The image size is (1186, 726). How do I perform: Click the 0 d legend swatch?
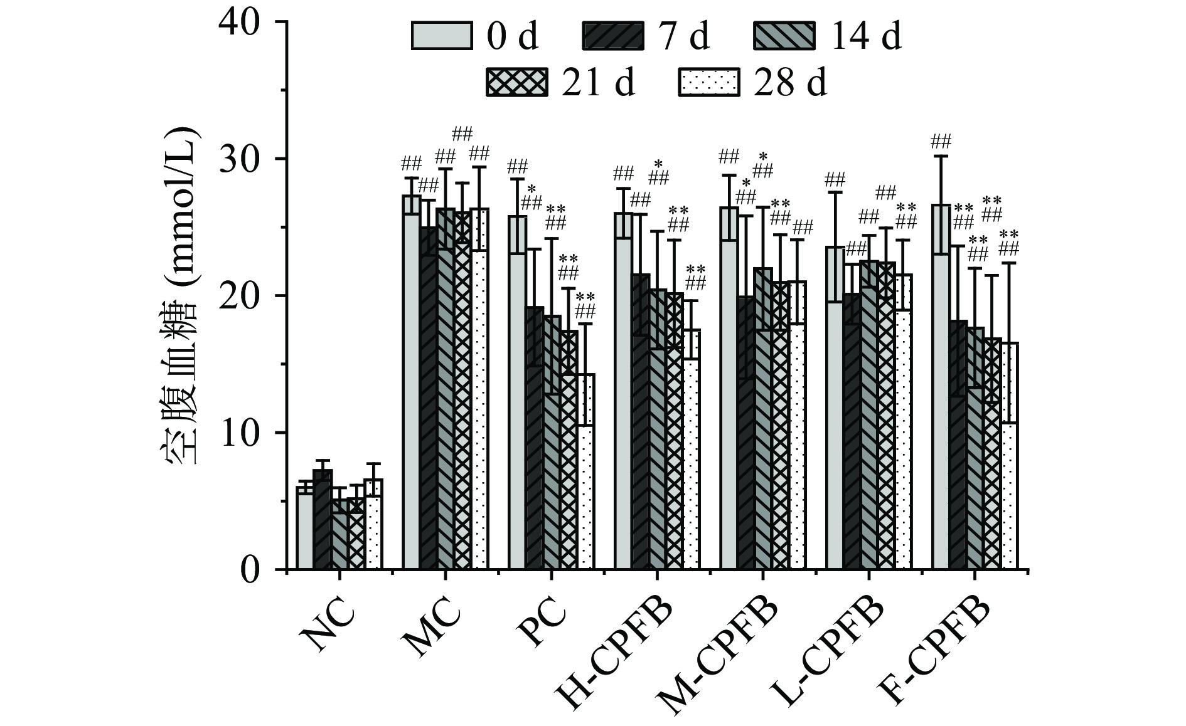(x=441, y=36)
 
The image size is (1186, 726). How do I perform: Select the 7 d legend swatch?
(x=613, y=36)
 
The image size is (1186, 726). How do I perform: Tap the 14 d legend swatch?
(x=784, y=36)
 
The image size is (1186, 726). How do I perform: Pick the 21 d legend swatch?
(x=516, y=82)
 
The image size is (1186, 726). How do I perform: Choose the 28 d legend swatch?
(x=710, y=82)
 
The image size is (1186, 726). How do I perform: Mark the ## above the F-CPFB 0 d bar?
(x=941, y=140)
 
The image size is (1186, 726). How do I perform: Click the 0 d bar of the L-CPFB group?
(x=835, y=414)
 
